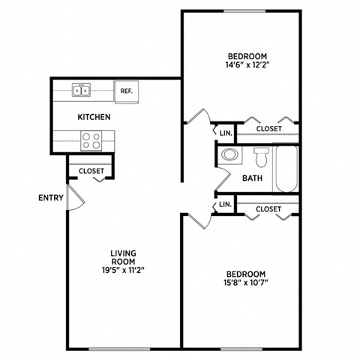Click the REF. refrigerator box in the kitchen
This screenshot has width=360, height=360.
[126, 91]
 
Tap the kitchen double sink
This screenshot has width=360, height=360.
[82, 91]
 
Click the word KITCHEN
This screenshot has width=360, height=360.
[94, 117]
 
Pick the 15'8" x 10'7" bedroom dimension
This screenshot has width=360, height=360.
[246, 283]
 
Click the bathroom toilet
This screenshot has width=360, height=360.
[261, 157]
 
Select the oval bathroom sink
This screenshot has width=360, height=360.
[230, 156]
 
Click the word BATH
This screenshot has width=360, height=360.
[251, 178]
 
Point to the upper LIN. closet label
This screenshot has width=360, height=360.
[225, 133]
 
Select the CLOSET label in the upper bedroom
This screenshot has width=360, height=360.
[269, 129]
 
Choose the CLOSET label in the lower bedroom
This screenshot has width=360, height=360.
[268, 209]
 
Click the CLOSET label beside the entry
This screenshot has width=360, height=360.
[91, 172]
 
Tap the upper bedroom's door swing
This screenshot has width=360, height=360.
[197, 118]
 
